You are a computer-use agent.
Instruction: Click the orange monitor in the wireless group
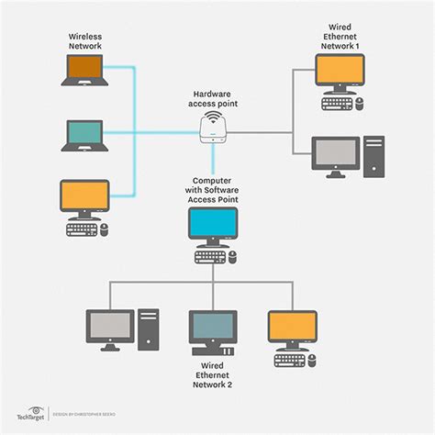pos(84,196)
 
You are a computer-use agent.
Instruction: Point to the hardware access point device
pos(213,128)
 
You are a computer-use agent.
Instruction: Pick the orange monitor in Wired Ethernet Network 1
pos(340,71)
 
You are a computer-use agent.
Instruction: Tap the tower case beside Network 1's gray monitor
pos(374,156)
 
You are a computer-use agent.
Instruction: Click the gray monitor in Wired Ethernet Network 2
pos(110,326)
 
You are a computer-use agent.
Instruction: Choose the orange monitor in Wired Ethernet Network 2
pos(292,327)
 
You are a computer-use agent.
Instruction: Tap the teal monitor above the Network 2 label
pos(214,327)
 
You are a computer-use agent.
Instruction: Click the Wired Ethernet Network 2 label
pos(213,376)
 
